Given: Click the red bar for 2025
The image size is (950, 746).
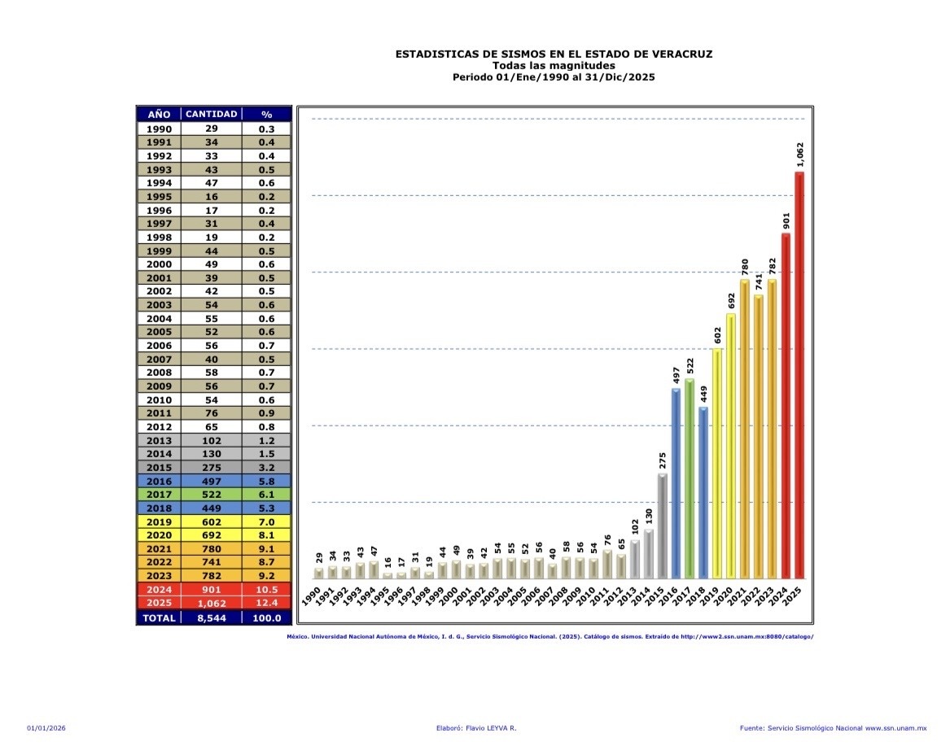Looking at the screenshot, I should (x=799, y=374).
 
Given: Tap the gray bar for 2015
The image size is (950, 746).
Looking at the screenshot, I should (x=662, y=526).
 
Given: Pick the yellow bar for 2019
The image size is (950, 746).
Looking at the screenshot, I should (x=716, y=463).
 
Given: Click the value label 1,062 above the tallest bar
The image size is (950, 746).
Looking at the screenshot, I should (x=800, y=155).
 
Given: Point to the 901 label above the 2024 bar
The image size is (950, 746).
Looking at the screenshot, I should (x=786, y=220).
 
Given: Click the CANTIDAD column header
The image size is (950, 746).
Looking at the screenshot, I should (x=212, y=114).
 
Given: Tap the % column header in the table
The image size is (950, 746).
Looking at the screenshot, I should (x=266, y=114).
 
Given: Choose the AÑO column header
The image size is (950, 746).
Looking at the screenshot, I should (x=159, y=114).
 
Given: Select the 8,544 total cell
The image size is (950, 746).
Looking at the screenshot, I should (x=212, y=617).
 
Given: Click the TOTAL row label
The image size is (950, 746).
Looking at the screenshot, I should (x=159, y=617).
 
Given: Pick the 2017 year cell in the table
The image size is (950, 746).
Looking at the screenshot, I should (x=159, y=495).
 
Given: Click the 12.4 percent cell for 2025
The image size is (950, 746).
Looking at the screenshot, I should (x=266, y=603).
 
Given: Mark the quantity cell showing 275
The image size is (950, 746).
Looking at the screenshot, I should (x=212, y=468).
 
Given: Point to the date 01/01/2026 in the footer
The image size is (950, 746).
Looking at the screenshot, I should (x=46, y=727).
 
